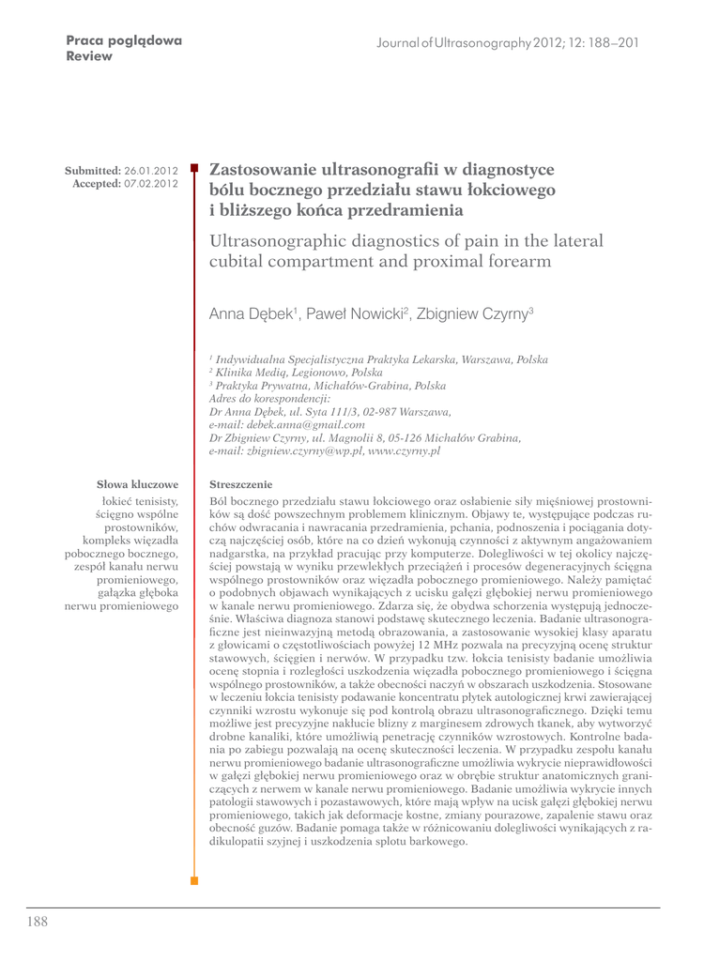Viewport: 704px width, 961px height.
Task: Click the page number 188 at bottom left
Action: click(37, 922)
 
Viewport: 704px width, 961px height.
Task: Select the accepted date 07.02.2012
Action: click(151, 183)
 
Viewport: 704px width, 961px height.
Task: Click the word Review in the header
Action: click(89, 56)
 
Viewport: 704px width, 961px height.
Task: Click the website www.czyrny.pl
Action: click(403, 450)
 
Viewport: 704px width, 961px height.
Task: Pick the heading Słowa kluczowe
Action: click(138, 484)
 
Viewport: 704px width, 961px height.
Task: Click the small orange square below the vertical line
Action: click(194, 881)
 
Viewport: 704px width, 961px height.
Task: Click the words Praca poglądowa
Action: click(124, 41)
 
